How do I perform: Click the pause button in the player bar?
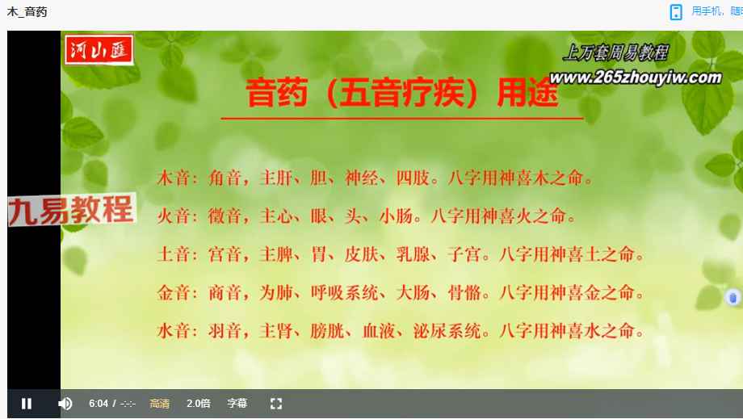pyautogui.click(x=27, y=404)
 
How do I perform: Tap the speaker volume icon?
pyautogui.click(x=65, y=404)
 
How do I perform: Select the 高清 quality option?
pyautogui.click(x=160, y=404)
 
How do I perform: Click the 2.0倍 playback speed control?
pyautogui.click(x=199, y=404)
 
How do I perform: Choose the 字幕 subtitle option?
pyautogui.click(x=237, y=404)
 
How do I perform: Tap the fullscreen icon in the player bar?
pyautogui.click(x=276, y=404)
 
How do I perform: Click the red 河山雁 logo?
pyautogui.click(x=99, y=50)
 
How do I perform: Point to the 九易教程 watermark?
pyautogui.click(x=72, y=209)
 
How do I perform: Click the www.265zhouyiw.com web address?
pyautogui.click(x=636, y=78)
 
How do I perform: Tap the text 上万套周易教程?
pyautogui.click(x=616, y=52)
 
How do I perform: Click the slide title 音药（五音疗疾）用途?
pyautogui.click(x=402, y=92)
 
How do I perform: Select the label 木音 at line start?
pyautogui.click(x=174, y=178)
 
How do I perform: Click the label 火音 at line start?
pyautogui.click(x=174, y=216)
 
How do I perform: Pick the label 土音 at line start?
pyautogui.click(x=174, y=255)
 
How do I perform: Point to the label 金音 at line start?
pyautogui.click(x=174, y=292)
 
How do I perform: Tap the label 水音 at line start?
pyautogui.click(x=174, y=331)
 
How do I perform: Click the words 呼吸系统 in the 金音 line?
pyautogui.click(x=345, y=292)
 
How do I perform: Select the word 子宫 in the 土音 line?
pyautogui.click(x=464, y=255)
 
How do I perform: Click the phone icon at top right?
pyautogui.click(x=676, y=12)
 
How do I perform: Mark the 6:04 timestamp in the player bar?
pyautogui.click(x=99, y=404)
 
